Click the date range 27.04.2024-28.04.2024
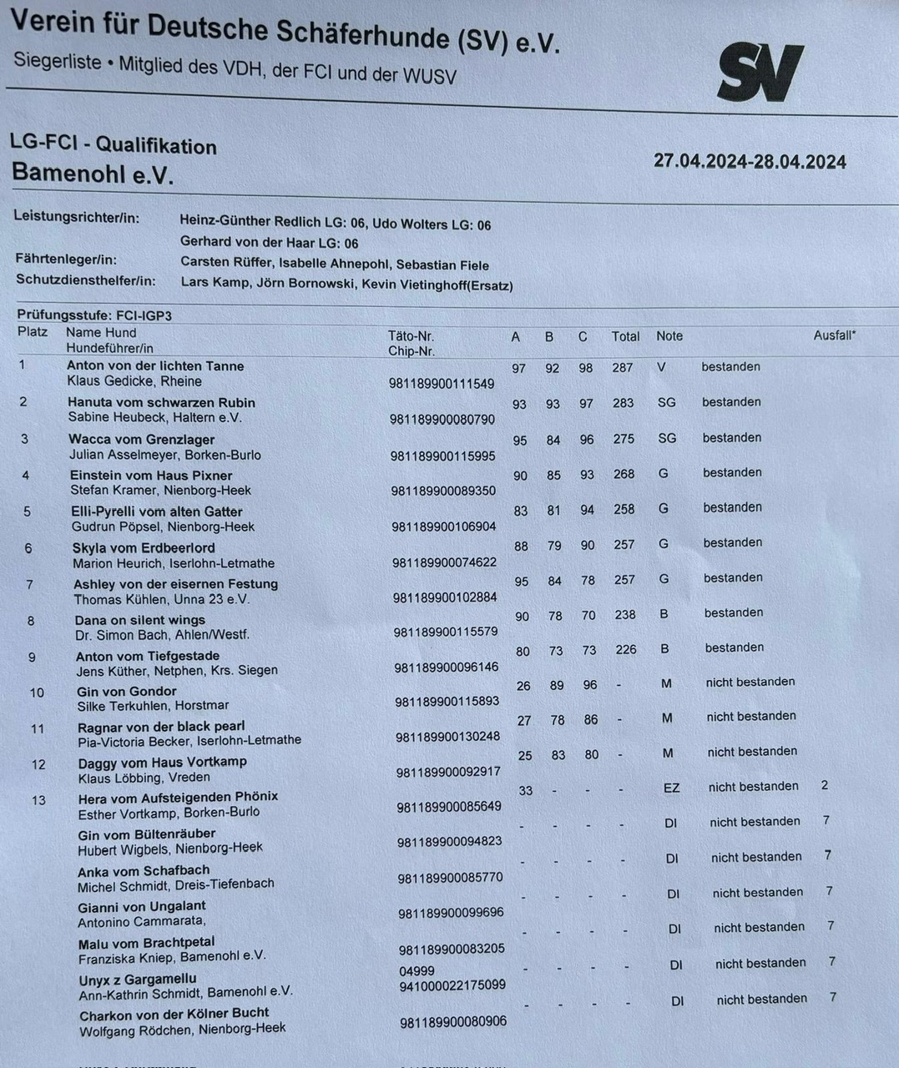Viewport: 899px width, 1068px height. tap(750, 162)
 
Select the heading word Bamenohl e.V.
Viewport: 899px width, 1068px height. tap(93, 174)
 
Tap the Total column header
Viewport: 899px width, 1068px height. tap(625, 336)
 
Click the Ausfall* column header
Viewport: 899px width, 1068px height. tap(834, 335)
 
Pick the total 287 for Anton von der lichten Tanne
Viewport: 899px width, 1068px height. tap(623, 367)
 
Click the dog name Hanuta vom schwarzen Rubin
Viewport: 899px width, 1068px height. tap(161, 402)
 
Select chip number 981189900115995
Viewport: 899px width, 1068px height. tap(442, 456)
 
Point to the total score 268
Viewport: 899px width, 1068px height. tap(624, 474)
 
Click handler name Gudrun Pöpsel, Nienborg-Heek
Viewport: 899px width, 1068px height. tap(163, 526)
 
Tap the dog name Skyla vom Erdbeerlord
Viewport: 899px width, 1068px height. tap(144, 548)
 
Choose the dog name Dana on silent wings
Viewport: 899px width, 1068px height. tap(139, 620)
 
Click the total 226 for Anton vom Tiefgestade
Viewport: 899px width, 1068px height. tap(626, 649)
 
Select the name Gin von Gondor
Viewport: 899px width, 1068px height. tap(126, 691)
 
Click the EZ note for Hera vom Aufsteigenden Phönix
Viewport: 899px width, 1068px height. tap(671, 787)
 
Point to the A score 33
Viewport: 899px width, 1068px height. tap(525, 790)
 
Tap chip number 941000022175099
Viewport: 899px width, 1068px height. tap(452, 985)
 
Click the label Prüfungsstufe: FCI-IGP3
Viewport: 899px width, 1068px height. tap(94, 315)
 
